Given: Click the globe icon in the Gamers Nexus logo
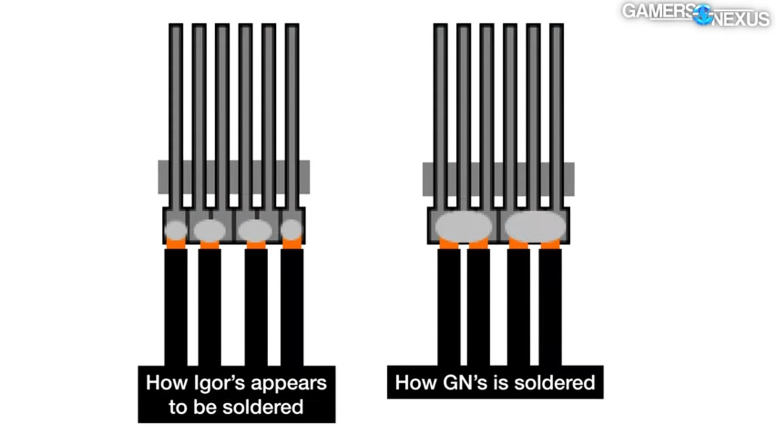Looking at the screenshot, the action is tap(703, 15).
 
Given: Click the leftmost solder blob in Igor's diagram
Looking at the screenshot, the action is tap(176, 230).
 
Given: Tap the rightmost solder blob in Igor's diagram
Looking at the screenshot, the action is tap(292, 229).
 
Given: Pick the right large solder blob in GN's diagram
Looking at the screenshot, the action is tap(535, 226).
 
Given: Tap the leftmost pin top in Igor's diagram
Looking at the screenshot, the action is tap(176, 27).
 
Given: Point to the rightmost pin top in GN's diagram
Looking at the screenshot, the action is tap(556, 27).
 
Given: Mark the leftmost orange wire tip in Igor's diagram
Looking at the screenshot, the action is tap(176, 243).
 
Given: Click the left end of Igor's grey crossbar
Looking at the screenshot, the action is tap(162, 177).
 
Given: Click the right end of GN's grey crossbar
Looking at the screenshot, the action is tap(569, 179).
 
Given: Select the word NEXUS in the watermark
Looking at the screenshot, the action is tap(741, 19).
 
